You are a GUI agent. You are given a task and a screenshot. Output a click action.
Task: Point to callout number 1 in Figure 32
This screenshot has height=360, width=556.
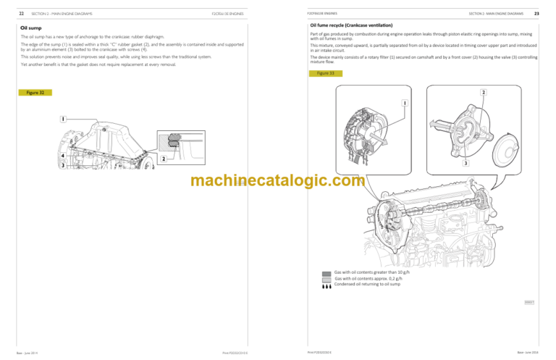click(x=64, y=118)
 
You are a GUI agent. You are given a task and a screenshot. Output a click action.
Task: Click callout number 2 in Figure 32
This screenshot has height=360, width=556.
click(x=164, y=159)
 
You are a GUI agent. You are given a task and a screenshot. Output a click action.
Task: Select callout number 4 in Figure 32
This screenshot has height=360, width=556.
click(x=63, y=156)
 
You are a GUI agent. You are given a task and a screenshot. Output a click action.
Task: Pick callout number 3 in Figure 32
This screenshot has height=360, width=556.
click(x=63, y=166)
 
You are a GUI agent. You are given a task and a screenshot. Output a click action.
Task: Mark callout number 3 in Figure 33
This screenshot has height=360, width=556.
click(x=466, y=164)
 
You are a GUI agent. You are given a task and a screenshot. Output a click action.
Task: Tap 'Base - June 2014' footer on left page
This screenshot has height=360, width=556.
click(x=30, y=353)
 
